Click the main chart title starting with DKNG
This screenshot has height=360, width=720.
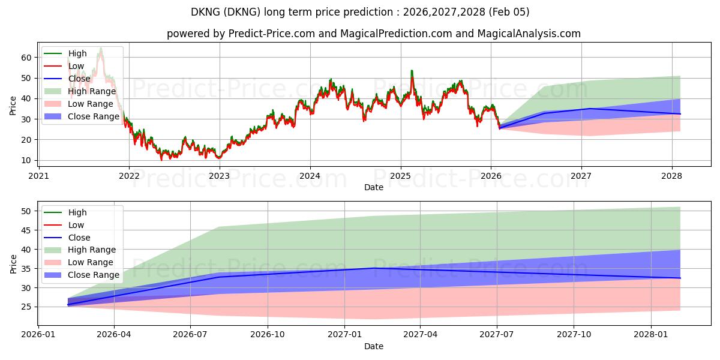click(x=360, y=12)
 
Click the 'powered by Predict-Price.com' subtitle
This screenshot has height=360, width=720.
click(x=373, y=34)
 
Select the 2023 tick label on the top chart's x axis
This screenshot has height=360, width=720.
click(x=219, y=176)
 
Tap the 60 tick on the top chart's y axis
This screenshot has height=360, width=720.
click(x=26, y=58)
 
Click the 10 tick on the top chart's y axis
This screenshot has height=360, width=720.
click(x=26, y=160)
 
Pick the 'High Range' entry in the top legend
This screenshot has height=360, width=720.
click(x=92, y=91)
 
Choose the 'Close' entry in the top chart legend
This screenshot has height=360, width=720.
click(x=79, y=79)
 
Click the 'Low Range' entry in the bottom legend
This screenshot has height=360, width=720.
click(x=90, y=262)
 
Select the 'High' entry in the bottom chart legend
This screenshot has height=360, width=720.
click(x=77, y=212)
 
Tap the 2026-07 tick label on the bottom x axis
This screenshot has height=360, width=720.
click(x=190, y=335)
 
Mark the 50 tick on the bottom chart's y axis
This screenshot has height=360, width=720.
click(x=26, y=211)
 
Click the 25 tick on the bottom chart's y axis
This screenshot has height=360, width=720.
click(x=26, y=307)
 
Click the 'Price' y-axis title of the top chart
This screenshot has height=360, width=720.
click(x=13, y=105)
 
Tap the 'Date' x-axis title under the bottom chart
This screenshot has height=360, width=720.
click(x=373, y=346)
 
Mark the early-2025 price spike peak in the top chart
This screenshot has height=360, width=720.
click(x=412, y=71)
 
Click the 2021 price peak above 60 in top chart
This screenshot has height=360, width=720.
click(x=100, y=48)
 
